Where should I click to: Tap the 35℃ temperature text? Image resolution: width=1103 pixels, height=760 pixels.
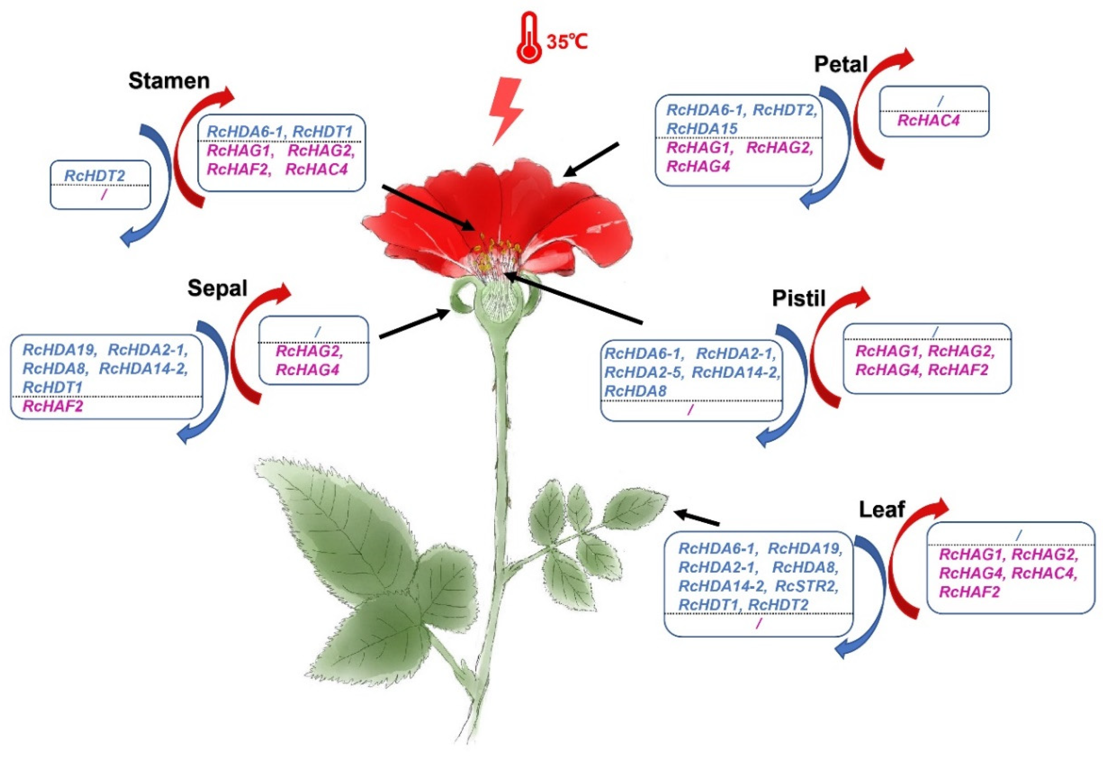pos(567,42)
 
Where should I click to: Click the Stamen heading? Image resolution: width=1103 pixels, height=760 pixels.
pos(169,81)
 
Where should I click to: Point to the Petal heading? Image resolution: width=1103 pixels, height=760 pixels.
pos(841,64)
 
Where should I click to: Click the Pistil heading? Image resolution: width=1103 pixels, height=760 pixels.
pos(799,298)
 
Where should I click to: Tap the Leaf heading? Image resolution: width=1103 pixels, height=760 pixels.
pos(882,510)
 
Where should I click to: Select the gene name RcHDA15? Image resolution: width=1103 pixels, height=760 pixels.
pos(701,129)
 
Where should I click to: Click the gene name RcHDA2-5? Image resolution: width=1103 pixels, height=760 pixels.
pos(644,372)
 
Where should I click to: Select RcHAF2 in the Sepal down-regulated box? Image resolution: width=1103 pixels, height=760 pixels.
pos(53,406)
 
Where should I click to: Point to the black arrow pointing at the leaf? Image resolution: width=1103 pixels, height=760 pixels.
pos(698,518)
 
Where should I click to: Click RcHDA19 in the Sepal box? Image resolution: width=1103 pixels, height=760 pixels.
pos(59,350)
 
